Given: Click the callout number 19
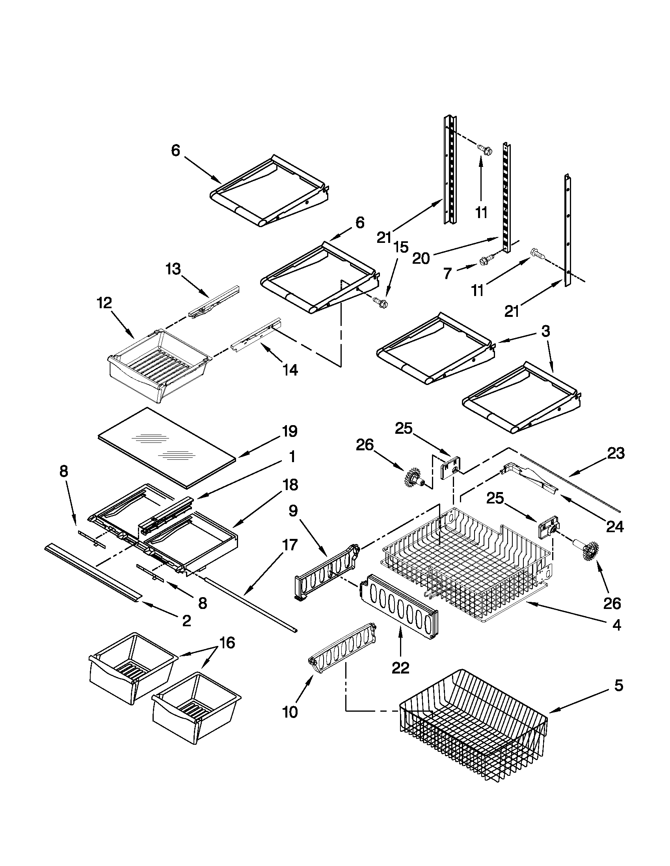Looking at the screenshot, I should pyautogui.click(x=290, y=431).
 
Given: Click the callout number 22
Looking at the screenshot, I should pyautogui.click(x=400, y=668).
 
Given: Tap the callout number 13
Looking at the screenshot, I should pyautogui.click(x=173, y=269).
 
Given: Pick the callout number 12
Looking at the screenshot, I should pyautogui.click(x=104, y=303).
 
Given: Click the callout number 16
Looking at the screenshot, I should pyautogui.click(x=227, y=642).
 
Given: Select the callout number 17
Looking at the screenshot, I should pyautogui.click(x=290, y=545).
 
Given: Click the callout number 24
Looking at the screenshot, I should pyautogui.click(x=615, y=527).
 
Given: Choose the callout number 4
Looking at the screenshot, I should pyautogui.click(x=616, y=626).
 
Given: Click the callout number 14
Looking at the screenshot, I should pyautogui.click(x=290, y=370).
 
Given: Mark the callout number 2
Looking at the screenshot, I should pyautogui.click(x=186, y=620).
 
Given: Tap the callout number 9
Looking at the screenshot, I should pyautogui.click(x=292, y=511).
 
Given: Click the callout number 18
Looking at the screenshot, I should pyautogui.click(x=290, y=485).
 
